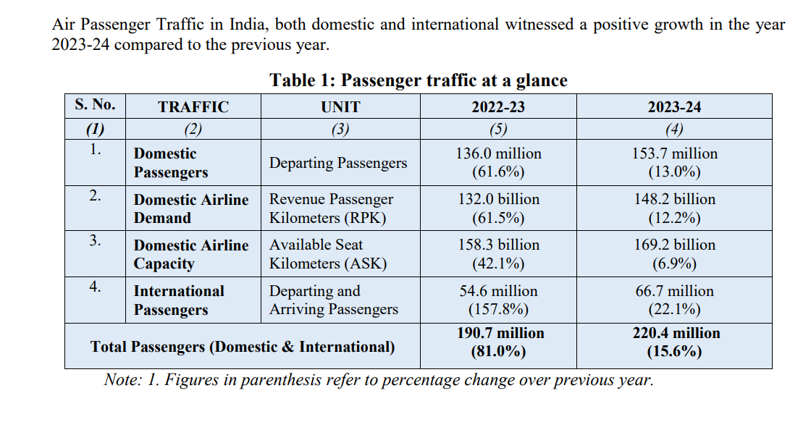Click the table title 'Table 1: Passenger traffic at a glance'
[x=419, y=80]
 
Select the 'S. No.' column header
[x=95, y=105]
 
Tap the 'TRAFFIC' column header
[x=193, y=107]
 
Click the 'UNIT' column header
[x=340, y=107]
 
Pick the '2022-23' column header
[x=498, y=107]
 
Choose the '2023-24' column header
[x=674, y=107]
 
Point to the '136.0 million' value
[x=498, y=153]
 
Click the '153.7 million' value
[x=674, y=153]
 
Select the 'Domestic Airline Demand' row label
[x=191, y=208]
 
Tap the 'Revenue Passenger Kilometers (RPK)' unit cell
[x=332, y=208]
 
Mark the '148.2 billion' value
[x=674, y=199]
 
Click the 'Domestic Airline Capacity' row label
[x=191, y=254]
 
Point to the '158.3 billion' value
[x=498, y=245]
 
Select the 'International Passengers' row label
[x=179, y=300]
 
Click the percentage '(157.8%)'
[x=498, y=310]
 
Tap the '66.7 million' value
[x=674, y=291]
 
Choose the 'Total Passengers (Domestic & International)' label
[x=243, y=347]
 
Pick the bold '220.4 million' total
[x=674, y=333]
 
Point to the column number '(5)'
[x=498, y=130]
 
